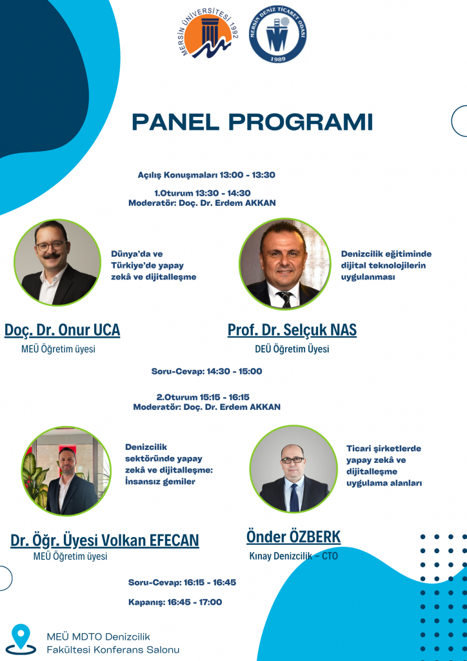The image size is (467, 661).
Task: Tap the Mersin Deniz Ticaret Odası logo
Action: [277, 36]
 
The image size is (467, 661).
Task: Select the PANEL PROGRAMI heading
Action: [252, 122]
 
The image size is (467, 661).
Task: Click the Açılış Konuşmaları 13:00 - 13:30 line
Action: [206, 174]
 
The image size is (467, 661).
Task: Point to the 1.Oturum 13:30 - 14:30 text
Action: [203, 193]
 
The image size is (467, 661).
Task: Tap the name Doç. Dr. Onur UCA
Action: [63, 330]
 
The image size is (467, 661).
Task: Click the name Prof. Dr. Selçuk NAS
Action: [292, 330]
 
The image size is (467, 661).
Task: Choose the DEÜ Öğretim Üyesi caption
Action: [292, 349]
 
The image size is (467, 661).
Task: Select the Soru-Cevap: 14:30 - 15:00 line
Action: [207, 371]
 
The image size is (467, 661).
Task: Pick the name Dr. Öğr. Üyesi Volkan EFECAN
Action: [104, 540]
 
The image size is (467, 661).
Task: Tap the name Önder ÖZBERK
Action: [293, 537]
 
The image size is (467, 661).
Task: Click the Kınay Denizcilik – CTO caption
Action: [293, 556]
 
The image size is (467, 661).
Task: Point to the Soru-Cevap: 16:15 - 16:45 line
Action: [182, 582]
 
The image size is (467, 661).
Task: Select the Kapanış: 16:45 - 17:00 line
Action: [175, 602]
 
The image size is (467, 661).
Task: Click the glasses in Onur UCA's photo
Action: [51, 246]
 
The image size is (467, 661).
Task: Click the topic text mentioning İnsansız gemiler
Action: [169, 464]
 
